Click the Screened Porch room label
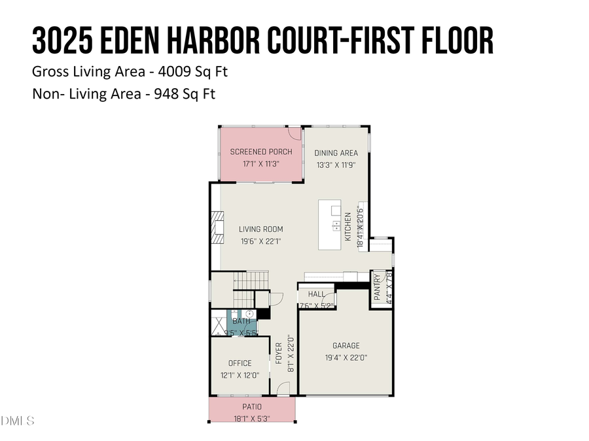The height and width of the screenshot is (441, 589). click(x=260, y=152)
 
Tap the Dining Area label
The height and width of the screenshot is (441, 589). click(x=336, y=153)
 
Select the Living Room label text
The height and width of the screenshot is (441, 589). click(x=260, y=229)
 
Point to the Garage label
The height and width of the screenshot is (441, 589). click(x=346, y=346)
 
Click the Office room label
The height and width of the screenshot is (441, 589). click(x=240, y=363)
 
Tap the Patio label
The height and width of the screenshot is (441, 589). click(x=251, y=406)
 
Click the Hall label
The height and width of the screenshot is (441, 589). click(x=316, y=294)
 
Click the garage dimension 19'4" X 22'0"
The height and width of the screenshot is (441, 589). click(x=346, y=357)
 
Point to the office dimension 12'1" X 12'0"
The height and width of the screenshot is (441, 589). click(x=240, y=375)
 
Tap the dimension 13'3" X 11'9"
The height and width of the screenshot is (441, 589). click(x=336, y=165)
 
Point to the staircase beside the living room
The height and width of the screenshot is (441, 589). click(x=251, y=280)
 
